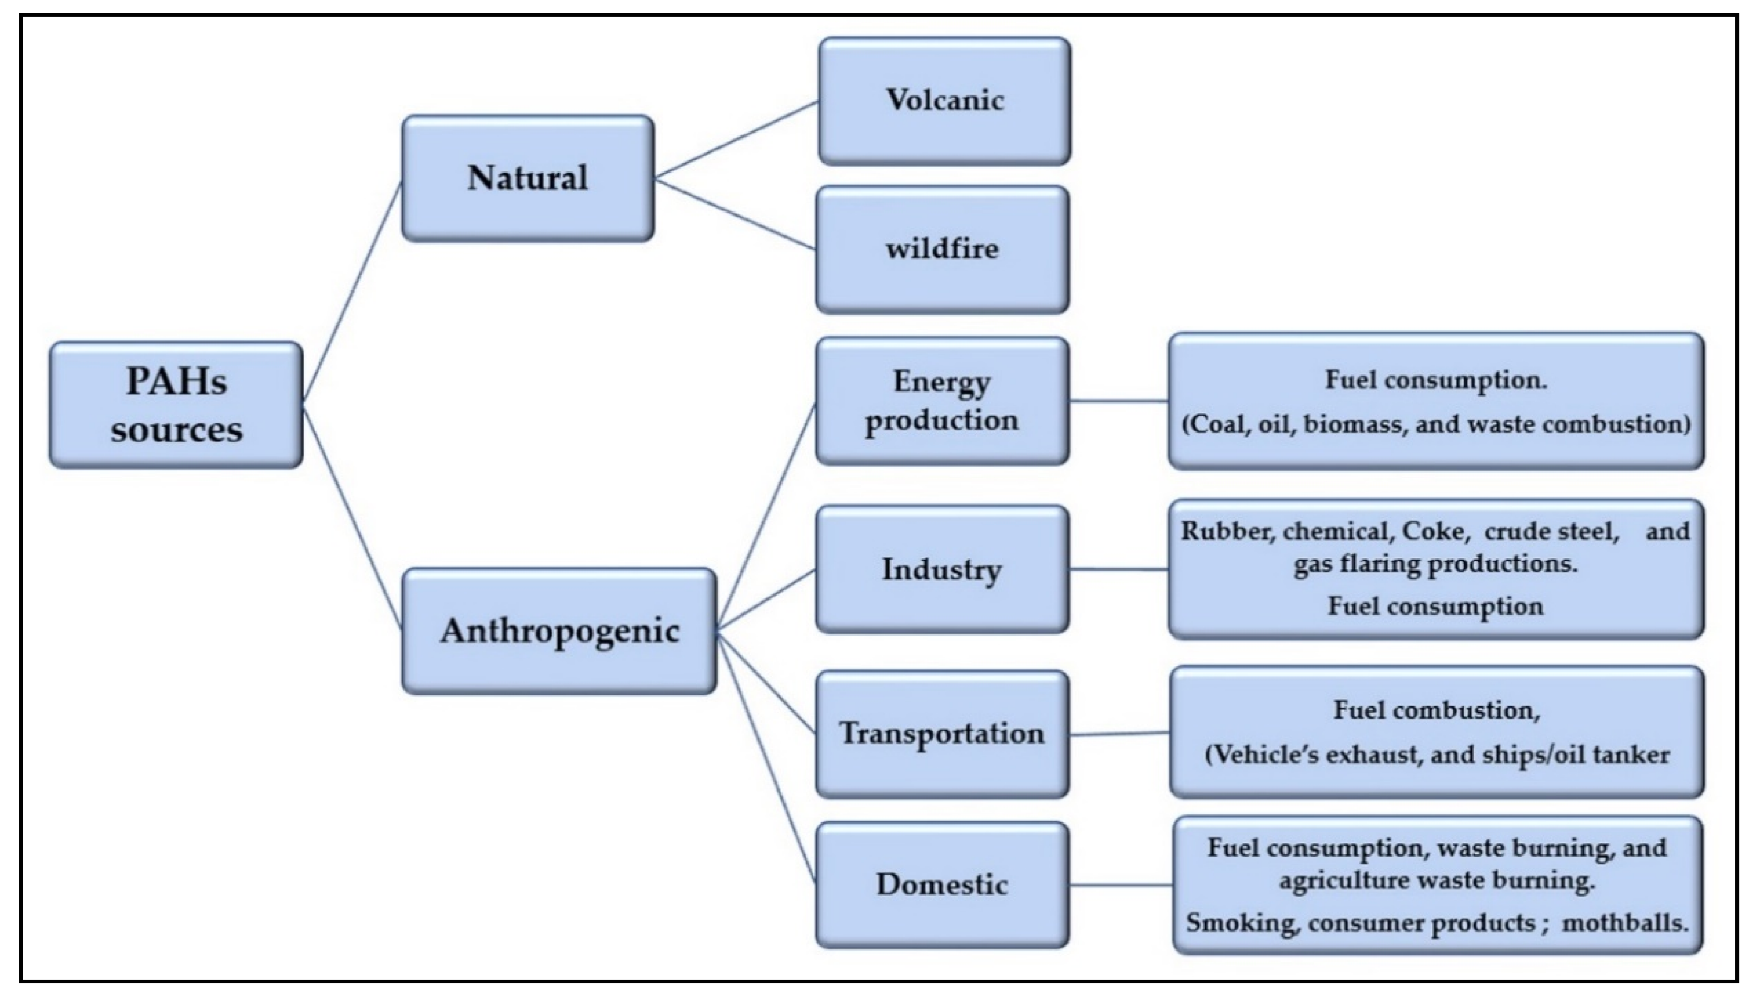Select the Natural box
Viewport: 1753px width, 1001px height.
527,178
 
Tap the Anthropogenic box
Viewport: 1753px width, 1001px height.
559,630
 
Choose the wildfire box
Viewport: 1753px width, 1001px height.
942,249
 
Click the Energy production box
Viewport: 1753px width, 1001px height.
942,401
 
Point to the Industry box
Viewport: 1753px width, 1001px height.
942,569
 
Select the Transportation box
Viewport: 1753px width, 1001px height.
942,734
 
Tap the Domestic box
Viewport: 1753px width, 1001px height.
942,885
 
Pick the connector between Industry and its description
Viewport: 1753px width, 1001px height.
1119,569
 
